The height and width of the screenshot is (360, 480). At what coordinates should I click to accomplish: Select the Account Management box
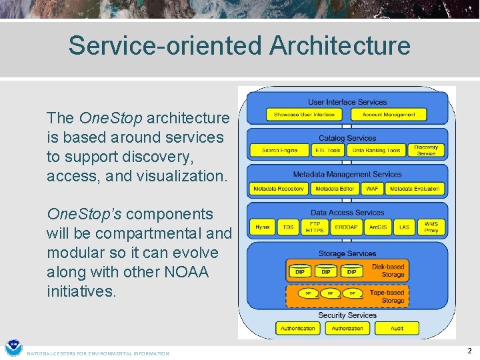pyautogui.click(x=389, y=115)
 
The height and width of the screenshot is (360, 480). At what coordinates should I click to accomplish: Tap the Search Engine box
pyautogui.click(x=280, y=151)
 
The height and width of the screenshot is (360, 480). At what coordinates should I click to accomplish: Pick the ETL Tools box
pyautogui.click(x=329, y=151)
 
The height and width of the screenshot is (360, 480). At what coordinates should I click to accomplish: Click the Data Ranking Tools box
pyautogui.click(x=377, y=151)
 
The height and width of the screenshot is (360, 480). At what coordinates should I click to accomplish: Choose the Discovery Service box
pyautogui.click(x=426, y=150)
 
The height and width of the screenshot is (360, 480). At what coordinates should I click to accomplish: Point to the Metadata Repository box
pyautogui.click(x=278, y=189)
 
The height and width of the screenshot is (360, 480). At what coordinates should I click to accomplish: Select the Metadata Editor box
pyautogui.click(x=335, y=189)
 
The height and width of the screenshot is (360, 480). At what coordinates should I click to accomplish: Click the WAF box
pyautogui.click(x=372, y=189)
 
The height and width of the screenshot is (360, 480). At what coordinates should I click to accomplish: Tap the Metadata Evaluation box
pyautogui.click(x=415, y=189)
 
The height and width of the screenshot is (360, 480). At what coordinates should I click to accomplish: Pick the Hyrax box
pyautogui.click(x=263, y=227)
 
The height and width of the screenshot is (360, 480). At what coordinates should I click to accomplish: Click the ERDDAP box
pyautogui.click(x=346, y=227)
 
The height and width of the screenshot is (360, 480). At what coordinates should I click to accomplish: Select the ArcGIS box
pyautogui.click(x=378, y=227)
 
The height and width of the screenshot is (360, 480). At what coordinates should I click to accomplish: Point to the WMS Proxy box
pyautogui.click(x=431, y=227)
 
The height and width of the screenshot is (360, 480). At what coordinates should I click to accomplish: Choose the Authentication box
pyautogui.click(x=298, y=328)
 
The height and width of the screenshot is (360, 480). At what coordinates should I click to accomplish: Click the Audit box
pyautogui.click(x=397, y=328)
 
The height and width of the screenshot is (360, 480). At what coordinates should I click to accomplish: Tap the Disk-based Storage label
pyautogui.click(x=388, y=271)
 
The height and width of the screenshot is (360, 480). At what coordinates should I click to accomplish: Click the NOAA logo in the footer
pyautogui.click(x=13, y=348)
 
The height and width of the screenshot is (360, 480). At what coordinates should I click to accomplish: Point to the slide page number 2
pyautogui.click(x=469, y=351)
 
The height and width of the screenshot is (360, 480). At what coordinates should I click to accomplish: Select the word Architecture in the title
pyautogui.click(x=340, y=45)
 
